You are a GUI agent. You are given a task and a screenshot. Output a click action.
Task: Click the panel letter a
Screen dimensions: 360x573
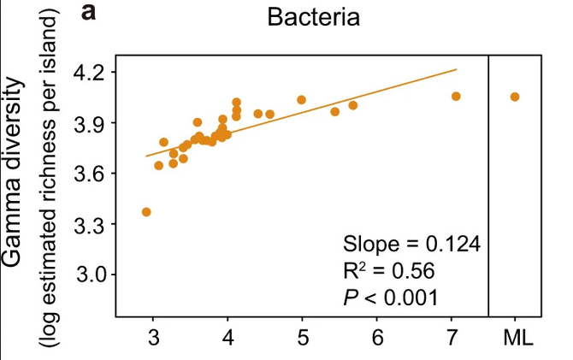coord(90,14)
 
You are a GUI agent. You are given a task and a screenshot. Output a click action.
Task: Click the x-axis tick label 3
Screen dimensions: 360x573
coord(153,336)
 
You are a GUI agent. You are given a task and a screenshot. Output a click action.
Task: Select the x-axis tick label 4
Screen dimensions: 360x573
coord(227,336)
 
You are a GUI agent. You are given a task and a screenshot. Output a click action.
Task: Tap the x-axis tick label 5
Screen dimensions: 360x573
coord(302,336)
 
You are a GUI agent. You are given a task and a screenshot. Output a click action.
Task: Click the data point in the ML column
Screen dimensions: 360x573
coord(515,97)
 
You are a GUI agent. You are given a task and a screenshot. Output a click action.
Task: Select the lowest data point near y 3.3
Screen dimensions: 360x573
coord(146,211)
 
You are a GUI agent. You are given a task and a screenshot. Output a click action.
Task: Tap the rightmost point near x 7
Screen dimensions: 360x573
coord(456,97)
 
